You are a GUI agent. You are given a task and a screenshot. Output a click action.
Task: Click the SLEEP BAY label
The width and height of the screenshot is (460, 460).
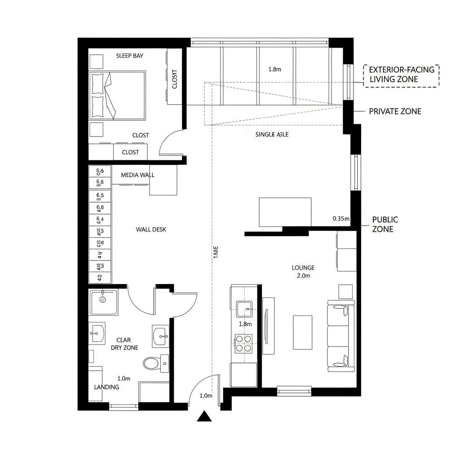pyautogui.click(x=129, y=56)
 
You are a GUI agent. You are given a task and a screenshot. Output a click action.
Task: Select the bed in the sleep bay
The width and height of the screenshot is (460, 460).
pyautogui.click(x=118, y=95)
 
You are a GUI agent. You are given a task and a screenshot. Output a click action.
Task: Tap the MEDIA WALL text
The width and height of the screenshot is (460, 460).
pyautogui.click(x=137, y=175)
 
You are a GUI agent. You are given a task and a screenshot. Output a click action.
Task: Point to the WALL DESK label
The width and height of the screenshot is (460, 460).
pyautogui.click(x=151, y=230)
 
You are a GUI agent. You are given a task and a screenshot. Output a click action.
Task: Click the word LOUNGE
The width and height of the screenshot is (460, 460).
pyautogui.click(x=303, y=268)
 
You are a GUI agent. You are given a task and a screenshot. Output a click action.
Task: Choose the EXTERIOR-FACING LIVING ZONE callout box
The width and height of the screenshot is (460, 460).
pyautogui.click(x=401, y=75)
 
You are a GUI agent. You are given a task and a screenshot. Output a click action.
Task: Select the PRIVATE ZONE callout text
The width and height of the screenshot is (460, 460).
pyautogui.click(x=395, y=111)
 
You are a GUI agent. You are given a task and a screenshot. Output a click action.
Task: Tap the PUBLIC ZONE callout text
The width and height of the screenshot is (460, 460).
pyautogui.click(x=385, y=224)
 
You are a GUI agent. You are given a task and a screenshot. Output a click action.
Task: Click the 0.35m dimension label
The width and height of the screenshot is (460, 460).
pyautogui.click(x=341, y=219)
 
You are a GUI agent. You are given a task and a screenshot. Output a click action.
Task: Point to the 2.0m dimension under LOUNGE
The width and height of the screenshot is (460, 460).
pyautogui.click(x=304, y=276)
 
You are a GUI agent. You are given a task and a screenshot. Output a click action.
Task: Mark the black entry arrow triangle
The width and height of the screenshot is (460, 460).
pyautogui.click(x=204, y=416)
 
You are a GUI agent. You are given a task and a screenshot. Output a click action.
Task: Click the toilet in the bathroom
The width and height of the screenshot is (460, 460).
pyautogui.click(x=151, y=363)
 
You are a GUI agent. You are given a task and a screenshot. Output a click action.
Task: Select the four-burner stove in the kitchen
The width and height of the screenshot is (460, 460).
pyautogui.click(x=243, y=344)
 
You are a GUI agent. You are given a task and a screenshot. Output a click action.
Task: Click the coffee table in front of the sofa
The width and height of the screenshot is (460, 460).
pyautogui.click(x=302, y=332)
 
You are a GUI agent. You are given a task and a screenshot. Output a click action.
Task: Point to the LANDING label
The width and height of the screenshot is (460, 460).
pyautogui.click(x=106, y=387)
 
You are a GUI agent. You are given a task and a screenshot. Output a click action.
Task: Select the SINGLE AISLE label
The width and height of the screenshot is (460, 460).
pyautogui.click(x=272, y=134)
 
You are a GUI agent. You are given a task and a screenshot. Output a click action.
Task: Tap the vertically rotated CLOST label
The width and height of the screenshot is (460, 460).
pyautogui.click(x=175, y=79)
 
